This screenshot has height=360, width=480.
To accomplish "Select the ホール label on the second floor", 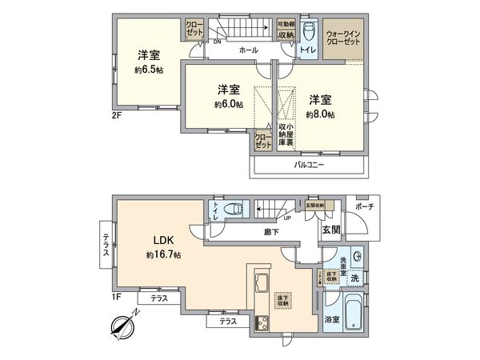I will (248, 50).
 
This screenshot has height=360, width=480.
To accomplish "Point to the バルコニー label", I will (308, 166).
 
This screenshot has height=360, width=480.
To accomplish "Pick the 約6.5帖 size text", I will (149, 70).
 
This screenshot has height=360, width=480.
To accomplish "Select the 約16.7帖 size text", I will (163, 255).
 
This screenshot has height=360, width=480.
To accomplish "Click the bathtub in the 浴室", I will (351, 318).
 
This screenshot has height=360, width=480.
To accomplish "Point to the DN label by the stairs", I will (206, 43).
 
